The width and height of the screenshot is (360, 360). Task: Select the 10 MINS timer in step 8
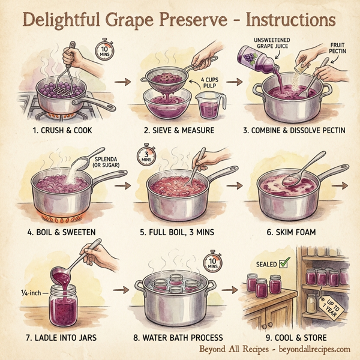click(x=214, y=262)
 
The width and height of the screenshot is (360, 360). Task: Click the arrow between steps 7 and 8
click(x=121, y=289)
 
